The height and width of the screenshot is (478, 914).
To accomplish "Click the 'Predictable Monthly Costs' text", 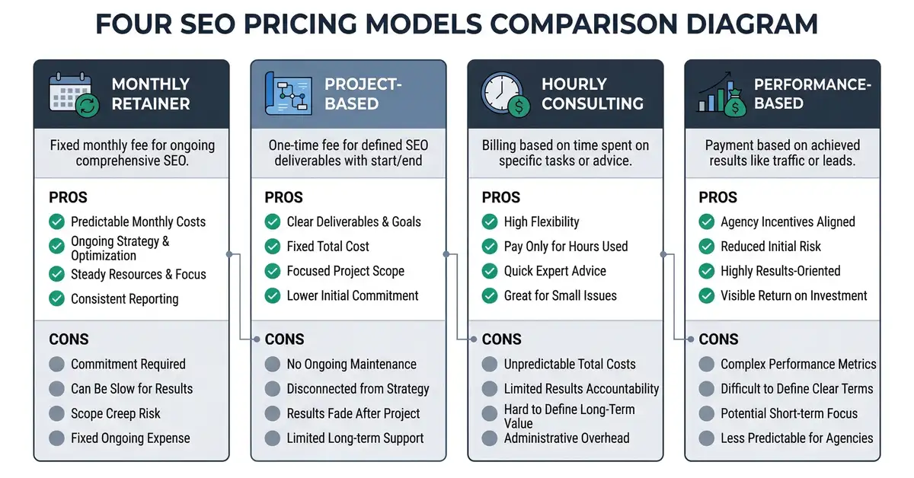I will [138, 221].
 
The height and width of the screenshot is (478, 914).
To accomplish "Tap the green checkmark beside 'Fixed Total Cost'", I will [272, 247].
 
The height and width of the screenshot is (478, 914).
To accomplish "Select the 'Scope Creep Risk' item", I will [116, 413].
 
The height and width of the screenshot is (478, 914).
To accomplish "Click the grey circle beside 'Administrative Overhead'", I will [489, 438].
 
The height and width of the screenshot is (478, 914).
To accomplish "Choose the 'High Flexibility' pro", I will [542, 221].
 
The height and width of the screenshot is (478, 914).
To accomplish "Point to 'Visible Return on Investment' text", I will [794, 295].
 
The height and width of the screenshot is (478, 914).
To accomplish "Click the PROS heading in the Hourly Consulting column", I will [501, 197].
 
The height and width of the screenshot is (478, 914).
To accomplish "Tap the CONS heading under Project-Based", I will [284, 339].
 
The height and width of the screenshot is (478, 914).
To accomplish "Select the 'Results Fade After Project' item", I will [353, 413].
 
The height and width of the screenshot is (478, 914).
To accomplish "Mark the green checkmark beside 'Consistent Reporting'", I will [56, 298].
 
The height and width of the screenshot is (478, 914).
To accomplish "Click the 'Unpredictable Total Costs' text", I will [570, 365].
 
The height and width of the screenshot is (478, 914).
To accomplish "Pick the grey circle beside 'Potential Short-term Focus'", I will [706, 413].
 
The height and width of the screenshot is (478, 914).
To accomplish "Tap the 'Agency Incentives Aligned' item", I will [788, 221].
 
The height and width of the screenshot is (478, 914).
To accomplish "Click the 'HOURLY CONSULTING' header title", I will [592, 94].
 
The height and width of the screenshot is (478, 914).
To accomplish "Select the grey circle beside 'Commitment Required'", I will [56, 365].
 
